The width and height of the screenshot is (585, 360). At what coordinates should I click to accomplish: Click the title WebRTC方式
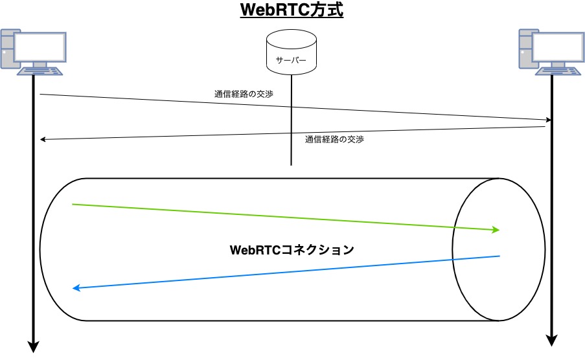291,11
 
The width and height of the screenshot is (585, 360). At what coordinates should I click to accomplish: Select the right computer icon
552,52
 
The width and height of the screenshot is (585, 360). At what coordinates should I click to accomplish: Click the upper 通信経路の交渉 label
244,94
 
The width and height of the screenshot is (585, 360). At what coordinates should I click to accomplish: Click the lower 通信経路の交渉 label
334,139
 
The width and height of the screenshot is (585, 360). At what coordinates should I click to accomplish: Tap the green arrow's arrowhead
496,229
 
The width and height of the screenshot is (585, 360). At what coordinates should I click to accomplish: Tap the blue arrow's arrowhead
76,288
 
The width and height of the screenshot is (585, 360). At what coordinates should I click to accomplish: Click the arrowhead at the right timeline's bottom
552,341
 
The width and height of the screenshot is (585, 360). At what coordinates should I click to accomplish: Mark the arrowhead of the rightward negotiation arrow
549,120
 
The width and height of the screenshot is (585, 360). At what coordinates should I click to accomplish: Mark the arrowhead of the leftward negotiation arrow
42,139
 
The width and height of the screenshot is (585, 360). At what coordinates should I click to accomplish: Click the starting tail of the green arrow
73,205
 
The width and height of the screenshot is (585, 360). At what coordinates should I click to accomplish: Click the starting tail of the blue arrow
499,256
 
